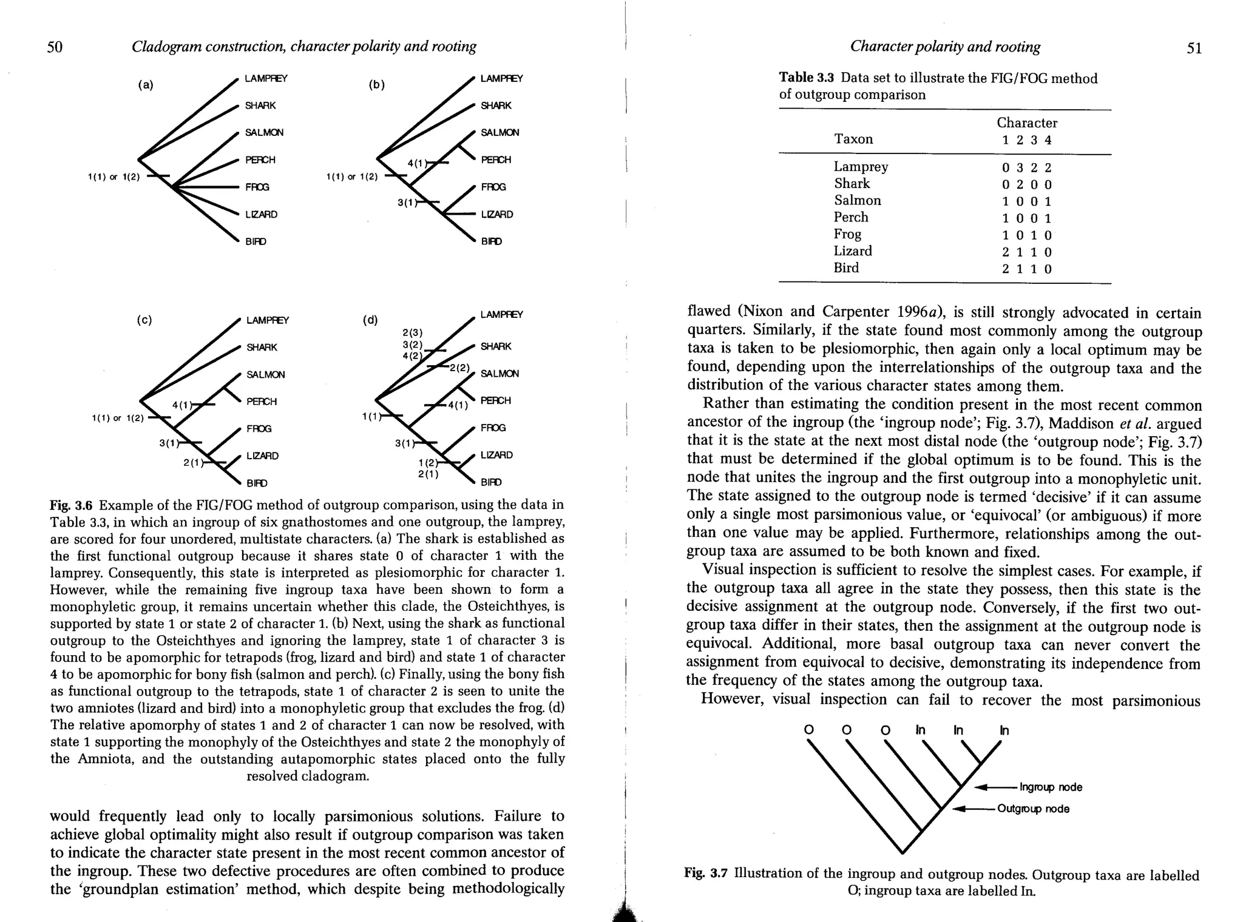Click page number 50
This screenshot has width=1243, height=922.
point(55,47)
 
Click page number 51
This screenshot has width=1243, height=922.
point(1194,48)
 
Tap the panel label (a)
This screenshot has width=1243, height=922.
point(145,85)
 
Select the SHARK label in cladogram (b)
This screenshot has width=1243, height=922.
point(496,106)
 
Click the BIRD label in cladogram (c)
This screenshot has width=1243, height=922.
point(257,483)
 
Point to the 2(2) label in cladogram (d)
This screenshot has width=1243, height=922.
point(459,368)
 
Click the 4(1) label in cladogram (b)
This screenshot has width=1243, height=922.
point(418,163)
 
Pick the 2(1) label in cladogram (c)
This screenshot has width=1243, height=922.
point(192,463)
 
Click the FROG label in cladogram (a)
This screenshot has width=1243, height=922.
point(257,187)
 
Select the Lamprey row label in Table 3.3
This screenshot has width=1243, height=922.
point(861,166)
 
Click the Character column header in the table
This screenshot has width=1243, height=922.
point(1027,123)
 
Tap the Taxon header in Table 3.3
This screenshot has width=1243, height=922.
point(853,139)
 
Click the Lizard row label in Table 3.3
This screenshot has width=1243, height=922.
point(852,251)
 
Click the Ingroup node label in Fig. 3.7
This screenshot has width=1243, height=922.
point(1051,787)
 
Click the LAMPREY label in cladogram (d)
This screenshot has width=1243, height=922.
point(501,314)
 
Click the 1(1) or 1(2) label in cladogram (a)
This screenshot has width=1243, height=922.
point(113,177)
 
